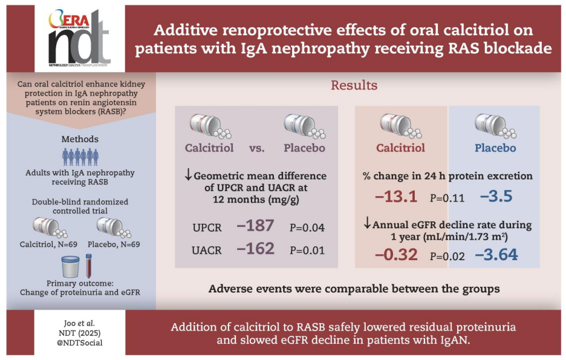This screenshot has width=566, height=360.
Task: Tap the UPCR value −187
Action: [256, 226]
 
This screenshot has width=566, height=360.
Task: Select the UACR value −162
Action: [256, 248]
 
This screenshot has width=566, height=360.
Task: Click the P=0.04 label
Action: [308, 227]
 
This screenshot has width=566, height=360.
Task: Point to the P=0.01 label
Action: [308, 249]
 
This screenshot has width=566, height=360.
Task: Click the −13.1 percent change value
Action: [395, 197]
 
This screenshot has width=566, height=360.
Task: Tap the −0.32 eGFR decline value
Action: [397, 255]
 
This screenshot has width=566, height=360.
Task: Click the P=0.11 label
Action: [447, 197]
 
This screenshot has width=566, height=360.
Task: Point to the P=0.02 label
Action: [447, 257]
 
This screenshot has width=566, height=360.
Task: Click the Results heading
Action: [354, 85]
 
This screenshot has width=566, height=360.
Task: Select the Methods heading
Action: [80, 139]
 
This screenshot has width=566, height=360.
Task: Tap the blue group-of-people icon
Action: [80, 157]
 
